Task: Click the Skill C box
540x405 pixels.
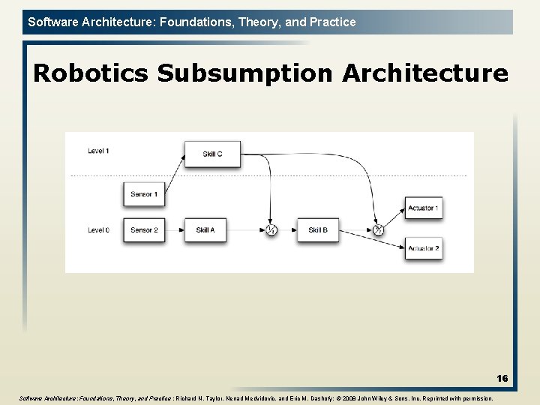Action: click(x=212, y=154)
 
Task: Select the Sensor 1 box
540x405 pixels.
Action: click(x=143, y=194)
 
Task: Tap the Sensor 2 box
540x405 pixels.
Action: click(x=143, y=230)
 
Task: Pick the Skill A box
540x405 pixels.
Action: click(x=205, y=230)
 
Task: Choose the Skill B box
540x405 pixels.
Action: click(x=318, y=230)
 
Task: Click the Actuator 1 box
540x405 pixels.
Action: click(x=423, y=208)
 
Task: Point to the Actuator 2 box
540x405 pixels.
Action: click(x=423, y=248)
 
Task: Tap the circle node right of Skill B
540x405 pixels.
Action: click(x=379, y=230)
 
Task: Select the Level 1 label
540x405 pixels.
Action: click(x=98, y=151)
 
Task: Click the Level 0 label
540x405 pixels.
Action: click(x=98, y=230)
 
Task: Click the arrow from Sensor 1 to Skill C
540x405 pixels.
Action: click(x=174, y=175)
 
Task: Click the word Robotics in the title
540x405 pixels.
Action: click(x=91, y=73)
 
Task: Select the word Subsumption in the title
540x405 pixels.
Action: click(x=245, y=73)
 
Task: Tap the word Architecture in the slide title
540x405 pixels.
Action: click(x=425, y=73)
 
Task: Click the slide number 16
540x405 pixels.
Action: click(x=502, y=379)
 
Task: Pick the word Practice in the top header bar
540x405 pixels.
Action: click(x=331, y=22)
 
